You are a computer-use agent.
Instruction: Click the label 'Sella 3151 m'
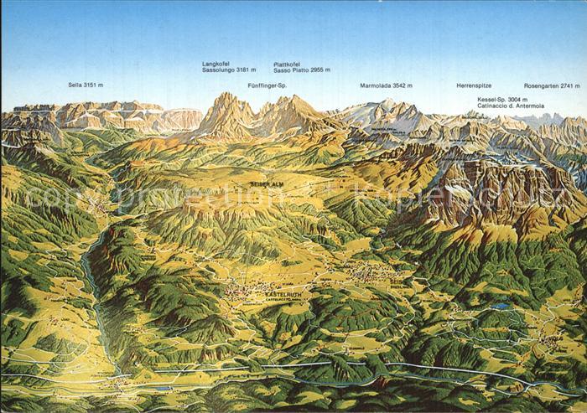point(86,85)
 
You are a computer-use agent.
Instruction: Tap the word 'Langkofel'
point(215,64)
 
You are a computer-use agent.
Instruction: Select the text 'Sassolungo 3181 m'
point(229,70)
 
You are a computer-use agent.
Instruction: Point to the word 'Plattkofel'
point(287,64)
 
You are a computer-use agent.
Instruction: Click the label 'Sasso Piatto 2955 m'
point(301,70)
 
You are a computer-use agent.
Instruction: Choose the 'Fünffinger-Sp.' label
point(268,85)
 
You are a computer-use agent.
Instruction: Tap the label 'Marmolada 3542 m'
point(386,85)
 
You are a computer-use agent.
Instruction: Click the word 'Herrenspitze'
point(474,85)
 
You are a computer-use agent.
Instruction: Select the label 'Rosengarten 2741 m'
point(552,85)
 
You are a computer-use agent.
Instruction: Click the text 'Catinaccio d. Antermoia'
point(510,106)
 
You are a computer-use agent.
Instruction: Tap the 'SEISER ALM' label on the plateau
point(268,184)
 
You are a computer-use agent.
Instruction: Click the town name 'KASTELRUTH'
point(263,295)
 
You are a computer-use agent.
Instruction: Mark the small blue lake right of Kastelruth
point(501,307)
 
